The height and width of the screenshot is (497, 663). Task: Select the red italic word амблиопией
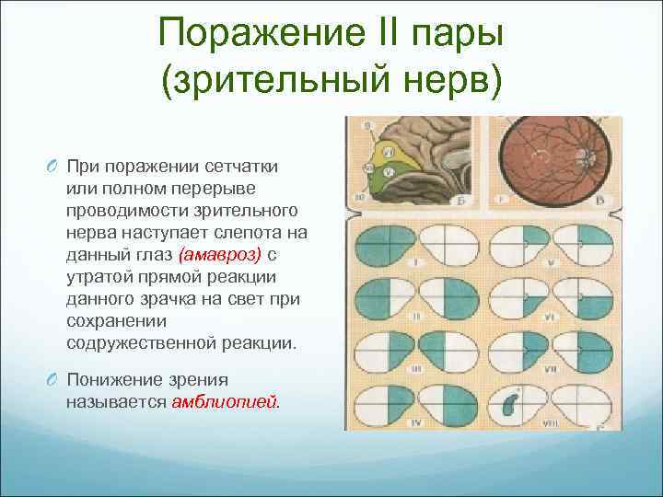pos(227,402)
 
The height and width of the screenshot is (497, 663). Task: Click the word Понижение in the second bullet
pos(109,379)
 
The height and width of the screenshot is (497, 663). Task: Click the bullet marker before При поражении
pos(49,165)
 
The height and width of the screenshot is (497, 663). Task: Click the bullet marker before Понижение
pos(49,380)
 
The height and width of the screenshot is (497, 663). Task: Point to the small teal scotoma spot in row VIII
pos(512,403)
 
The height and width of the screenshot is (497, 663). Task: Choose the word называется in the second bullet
pos(115,402)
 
